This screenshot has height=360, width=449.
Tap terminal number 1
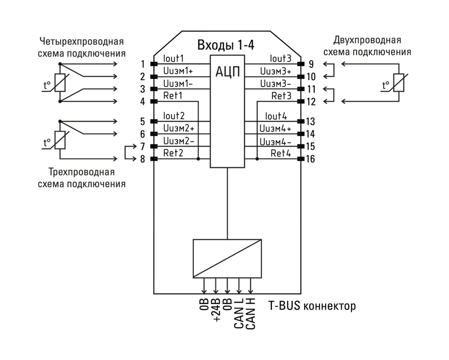tap(144, 64)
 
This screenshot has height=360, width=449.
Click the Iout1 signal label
tap(173, 59)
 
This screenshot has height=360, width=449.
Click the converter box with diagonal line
tap(227, 259)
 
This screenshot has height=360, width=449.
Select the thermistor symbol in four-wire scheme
tap(60, 83)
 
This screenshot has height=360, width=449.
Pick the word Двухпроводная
tap(366, 40)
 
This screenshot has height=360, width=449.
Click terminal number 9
tap(310, 64)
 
